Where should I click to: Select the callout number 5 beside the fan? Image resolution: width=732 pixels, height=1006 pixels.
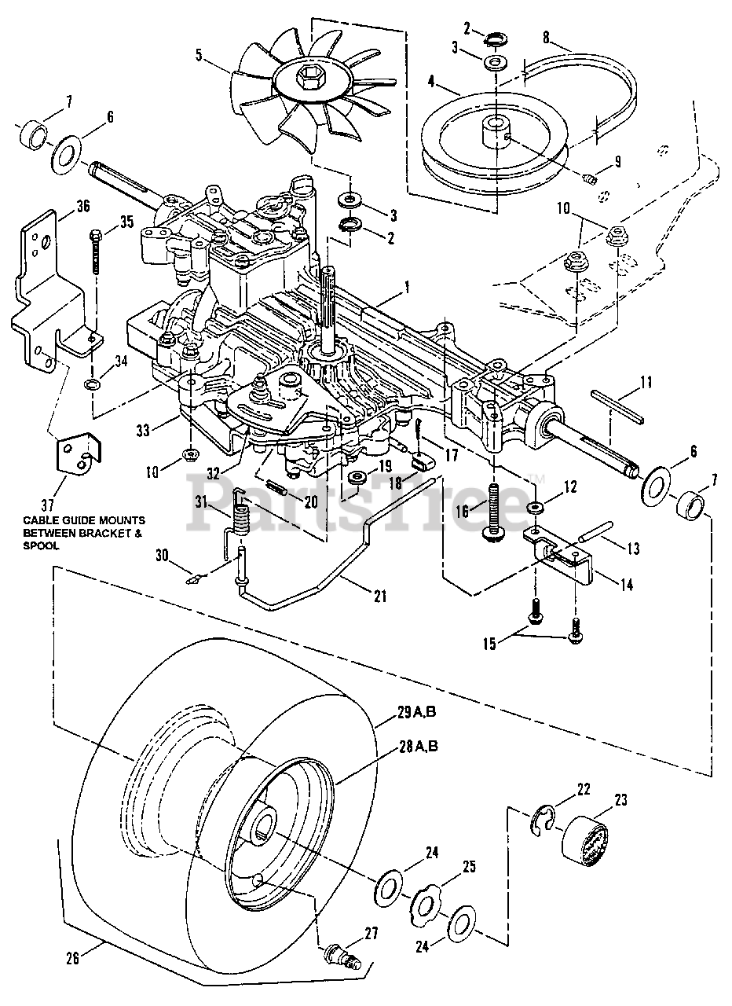pos(199,55)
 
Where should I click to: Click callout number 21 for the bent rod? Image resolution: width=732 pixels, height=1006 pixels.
pos(380,596)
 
